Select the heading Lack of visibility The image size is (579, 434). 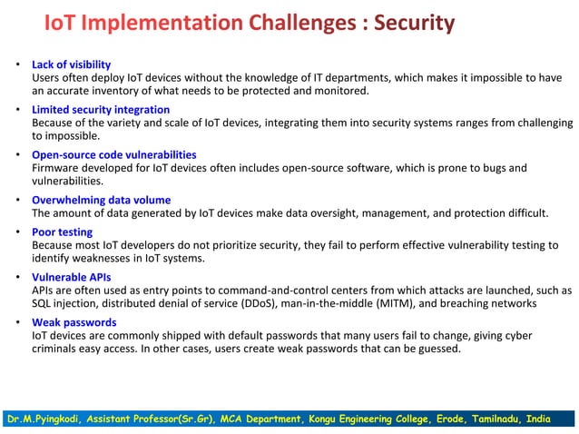pyautogui.click(x=71, y=64)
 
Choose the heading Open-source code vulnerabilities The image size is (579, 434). pyautogui.click(x=113, y=154)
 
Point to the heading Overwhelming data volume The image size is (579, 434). pyautogui.click(x=101, y=200)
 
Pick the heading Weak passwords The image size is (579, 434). pyautogui.click(x=74, y=322)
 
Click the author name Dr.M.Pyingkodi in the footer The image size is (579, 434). pyautogui.click(x=43, y=420)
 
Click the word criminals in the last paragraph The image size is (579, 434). pyautogui.click(x=56, y=349)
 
